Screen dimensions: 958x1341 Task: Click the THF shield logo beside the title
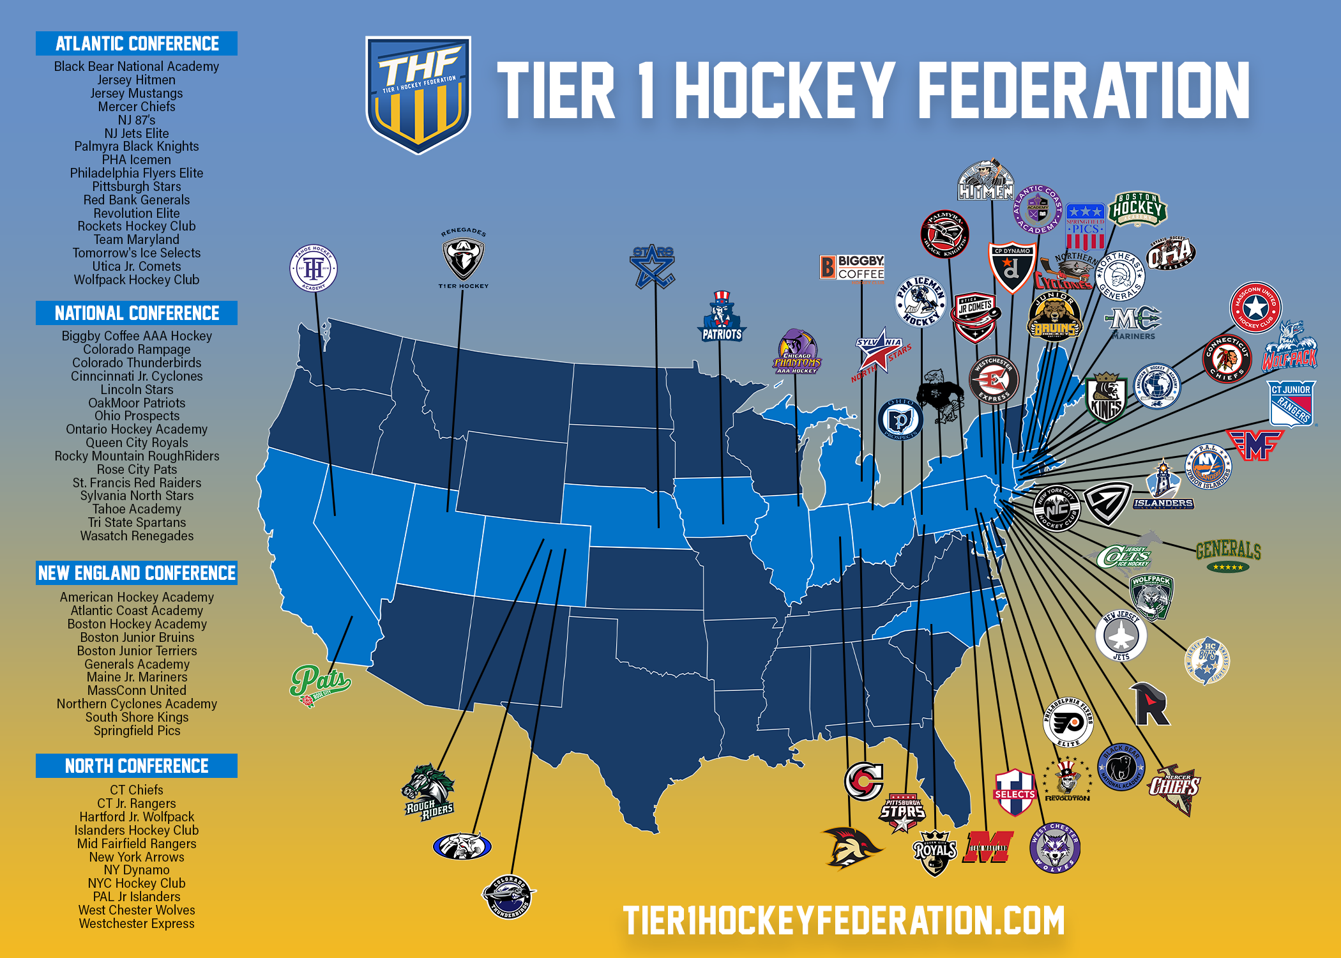pyautogui.click(x=418, y=94)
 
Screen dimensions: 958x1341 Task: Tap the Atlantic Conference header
pyautogui.click(x=137, y=43)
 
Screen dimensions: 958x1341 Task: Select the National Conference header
pyautogui.click(x=137, y=313)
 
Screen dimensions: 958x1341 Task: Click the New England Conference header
pyautogui.click(x=137, y=573)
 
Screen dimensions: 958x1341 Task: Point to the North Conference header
pyautogui.click(x=137, y=766)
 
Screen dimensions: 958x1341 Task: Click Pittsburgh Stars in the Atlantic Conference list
pyautogui.click(x=137, y=186)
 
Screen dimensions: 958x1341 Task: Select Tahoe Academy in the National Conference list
pyautogui.click(x=137, y=509)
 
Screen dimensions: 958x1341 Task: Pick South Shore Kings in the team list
pyautogui.click(x=137, y=717)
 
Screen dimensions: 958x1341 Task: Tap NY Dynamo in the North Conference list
pyautogui.click(x=137, y=870)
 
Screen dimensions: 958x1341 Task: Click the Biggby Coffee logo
pyautogui.click(x=852, y=268)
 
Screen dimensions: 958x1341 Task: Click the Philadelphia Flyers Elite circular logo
pyautogui.click(x=1068, y=722)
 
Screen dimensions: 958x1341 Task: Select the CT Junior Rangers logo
pyautogui.click(x=1291, y=404)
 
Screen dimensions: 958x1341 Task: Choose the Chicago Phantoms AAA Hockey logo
pyautogui.click(x=796, y=353)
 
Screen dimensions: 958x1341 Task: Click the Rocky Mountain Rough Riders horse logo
pyautogui.click(x=428, y=792)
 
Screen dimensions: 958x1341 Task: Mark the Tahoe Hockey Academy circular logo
pyautogui.click(x=313, y=268)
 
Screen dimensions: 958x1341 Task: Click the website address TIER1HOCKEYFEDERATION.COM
pyautogui.click(x=844, y=920)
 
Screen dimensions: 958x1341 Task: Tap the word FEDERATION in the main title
pyautogui.click(x=1083, y=91)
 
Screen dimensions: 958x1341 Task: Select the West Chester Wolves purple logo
pyautogui.click(x=1054, y=848)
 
